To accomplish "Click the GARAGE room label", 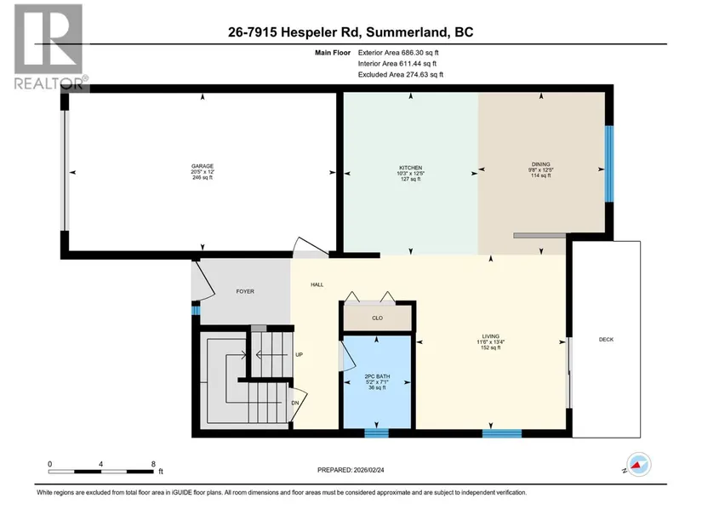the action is click(203, 166).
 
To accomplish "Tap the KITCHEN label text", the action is click(410, 168).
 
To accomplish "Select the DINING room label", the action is click(541, 164).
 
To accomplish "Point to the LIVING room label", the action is click(491, 336).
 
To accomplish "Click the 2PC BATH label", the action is click(378, 376).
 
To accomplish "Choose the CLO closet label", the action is click(378, 318).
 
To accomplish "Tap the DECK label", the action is click(606, 340).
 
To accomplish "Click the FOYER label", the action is click(245, 292).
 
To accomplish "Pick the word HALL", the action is click(317, 284).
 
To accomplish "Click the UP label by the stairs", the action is click(299, 355).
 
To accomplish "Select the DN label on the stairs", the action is click(295, 404).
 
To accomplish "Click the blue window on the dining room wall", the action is click(609, 163).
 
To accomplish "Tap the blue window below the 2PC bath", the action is click(376, 432).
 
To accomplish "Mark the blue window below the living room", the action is click(502, 433).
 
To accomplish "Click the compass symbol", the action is click(639, 465).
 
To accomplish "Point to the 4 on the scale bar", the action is click(100, 464).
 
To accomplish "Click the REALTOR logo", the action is click(49, 47).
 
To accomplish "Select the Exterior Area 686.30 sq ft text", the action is click(398, 53).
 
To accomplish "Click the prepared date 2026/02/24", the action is click(369, 470).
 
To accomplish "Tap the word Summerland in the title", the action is click(407, 32).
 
